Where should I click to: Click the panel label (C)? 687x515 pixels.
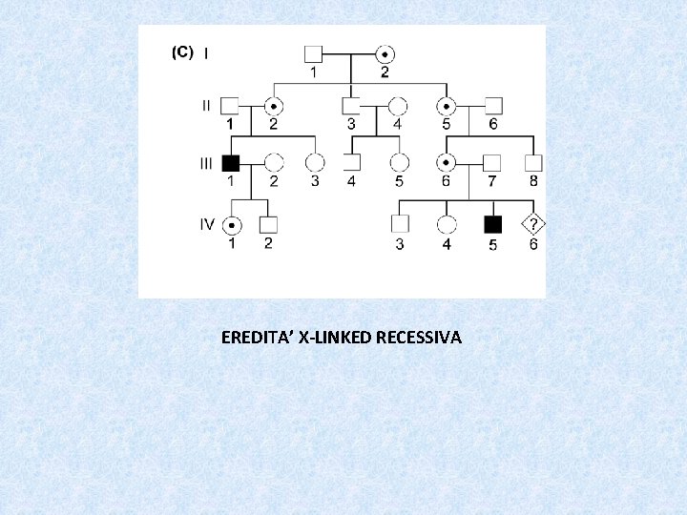(x=182, y=52)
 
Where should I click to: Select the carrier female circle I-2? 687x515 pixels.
(x=385, y=53)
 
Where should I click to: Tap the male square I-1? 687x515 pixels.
(x=314, y=53)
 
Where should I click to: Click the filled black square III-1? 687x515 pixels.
(x=230, y=162)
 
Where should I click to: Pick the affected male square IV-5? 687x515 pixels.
(x=492, y=224)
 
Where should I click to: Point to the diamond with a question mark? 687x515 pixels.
(x=533, y=224)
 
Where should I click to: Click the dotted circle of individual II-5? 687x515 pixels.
(x=445, y=106)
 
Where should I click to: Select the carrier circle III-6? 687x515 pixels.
(x=445, y=162)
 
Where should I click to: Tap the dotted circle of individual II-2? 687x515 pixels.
(x=273, y=106)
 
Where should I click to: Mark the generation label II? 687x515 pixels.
(x=206, y=106)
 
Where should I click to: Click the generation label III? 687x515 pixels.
(x=206, y=162)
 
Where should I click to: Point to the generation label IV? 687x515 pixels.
(x=206, y=224)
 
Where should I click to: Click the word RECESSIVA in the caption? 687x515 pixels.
(x=420, y=338)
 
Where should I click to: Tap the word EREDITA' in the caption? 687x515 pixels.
(x=257, y=338)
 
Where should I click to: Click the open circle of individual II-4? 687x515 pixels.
(x=398, y=106)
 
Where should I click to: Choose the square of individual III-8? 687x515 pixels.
(x=533, y=162)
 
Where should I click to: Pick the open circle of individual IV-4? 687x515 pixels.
(x=445, y=224)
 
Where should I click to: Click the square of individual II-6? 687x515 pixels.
(x=492, y=106)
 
